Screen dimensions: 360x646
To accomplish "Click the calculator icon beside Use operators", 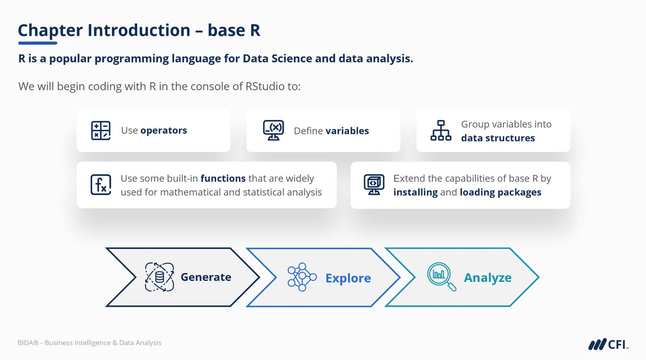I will coord(101,131).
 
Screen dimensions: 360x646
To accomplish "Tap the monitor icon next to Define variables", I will coord(273,130).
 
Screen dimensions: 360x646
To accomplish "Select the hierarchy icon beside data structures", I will coord(441,131).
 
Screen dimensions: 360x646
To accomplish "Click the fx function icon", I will coord(101,185).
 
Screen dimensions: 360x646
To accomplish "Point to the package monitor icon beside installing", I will coord(374,184).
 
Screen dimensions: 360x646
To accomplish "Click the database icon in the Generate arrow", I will coord(159,277).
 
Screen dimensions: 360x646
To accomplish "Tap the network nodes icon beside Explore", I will coord(302,277).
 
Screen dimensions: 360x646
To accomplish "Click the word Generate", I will coord(206,277).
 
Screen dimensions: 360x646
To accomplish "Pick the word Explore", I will coord(348,278).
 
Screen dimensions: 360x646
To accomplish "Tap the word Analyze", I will coord(487,278).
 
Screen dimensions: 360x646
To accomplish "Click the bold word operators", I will coord(164,131).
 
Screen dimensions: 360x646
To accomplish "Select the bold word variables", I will coord(347,131).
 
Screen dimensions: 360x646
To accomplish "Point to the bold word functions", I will coord(223,178).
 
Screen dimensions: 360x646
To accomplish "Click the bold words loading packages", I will coord(500,192).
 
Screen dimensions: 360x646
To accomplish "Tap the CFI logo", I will coord(609,344).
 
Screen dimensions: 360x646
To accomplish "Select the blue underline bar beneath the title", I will coord(37,43).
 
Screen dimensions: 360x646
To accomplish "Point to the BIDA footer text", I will coord(89,343).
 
